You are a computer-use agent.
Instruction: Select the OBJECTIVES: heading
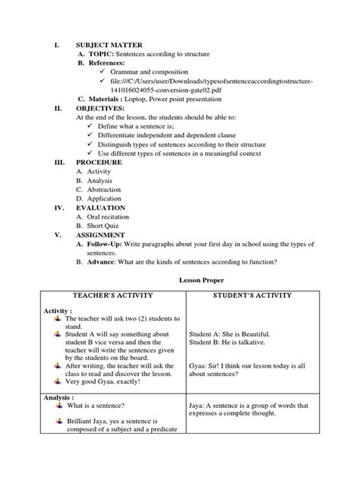103,108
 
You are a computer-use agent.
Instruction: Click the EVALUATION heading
105,207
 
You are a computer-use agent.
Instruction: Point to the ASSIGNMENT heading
106,235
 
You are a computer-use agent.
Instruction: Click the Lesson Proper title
181,279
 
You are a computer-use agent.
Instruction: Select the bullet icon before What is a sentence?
57,406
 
